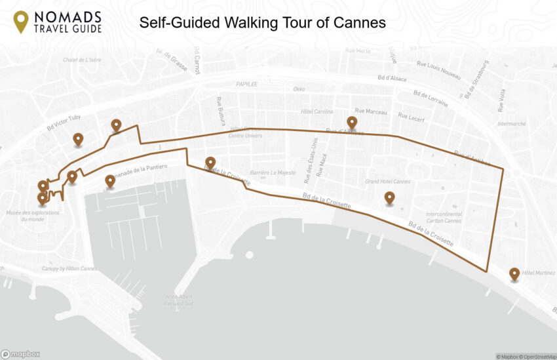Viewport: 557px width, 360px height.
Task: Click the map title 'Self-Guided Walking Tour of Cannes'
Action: (262, 22)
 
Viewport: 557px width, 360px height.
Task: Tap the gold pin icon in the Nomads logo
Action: (21, 21)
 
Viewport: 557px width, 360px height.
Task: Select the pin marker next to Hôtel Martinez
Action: (514, 273)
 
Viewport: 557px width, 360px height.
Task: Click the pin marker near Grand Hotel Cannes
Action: (389, 197)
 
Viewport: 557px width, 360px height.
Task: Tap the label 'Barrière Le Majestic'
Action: (275, 172)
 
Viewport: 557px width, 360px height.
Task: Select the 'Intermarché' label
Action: (512, 123)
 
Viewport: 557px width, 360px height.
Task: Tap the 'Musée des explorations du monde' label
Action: (33, 216)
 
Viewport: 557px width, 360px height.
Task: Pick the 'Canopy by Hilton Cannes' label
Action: (67, 268)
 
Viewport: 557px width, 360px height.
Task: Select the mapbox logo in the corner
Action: (20, 354)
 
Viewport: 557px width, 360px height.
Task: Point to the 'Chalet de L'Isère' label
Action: (82, 60)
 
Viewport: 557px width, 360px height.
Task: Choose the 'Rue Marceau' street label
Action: (370, 111)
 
